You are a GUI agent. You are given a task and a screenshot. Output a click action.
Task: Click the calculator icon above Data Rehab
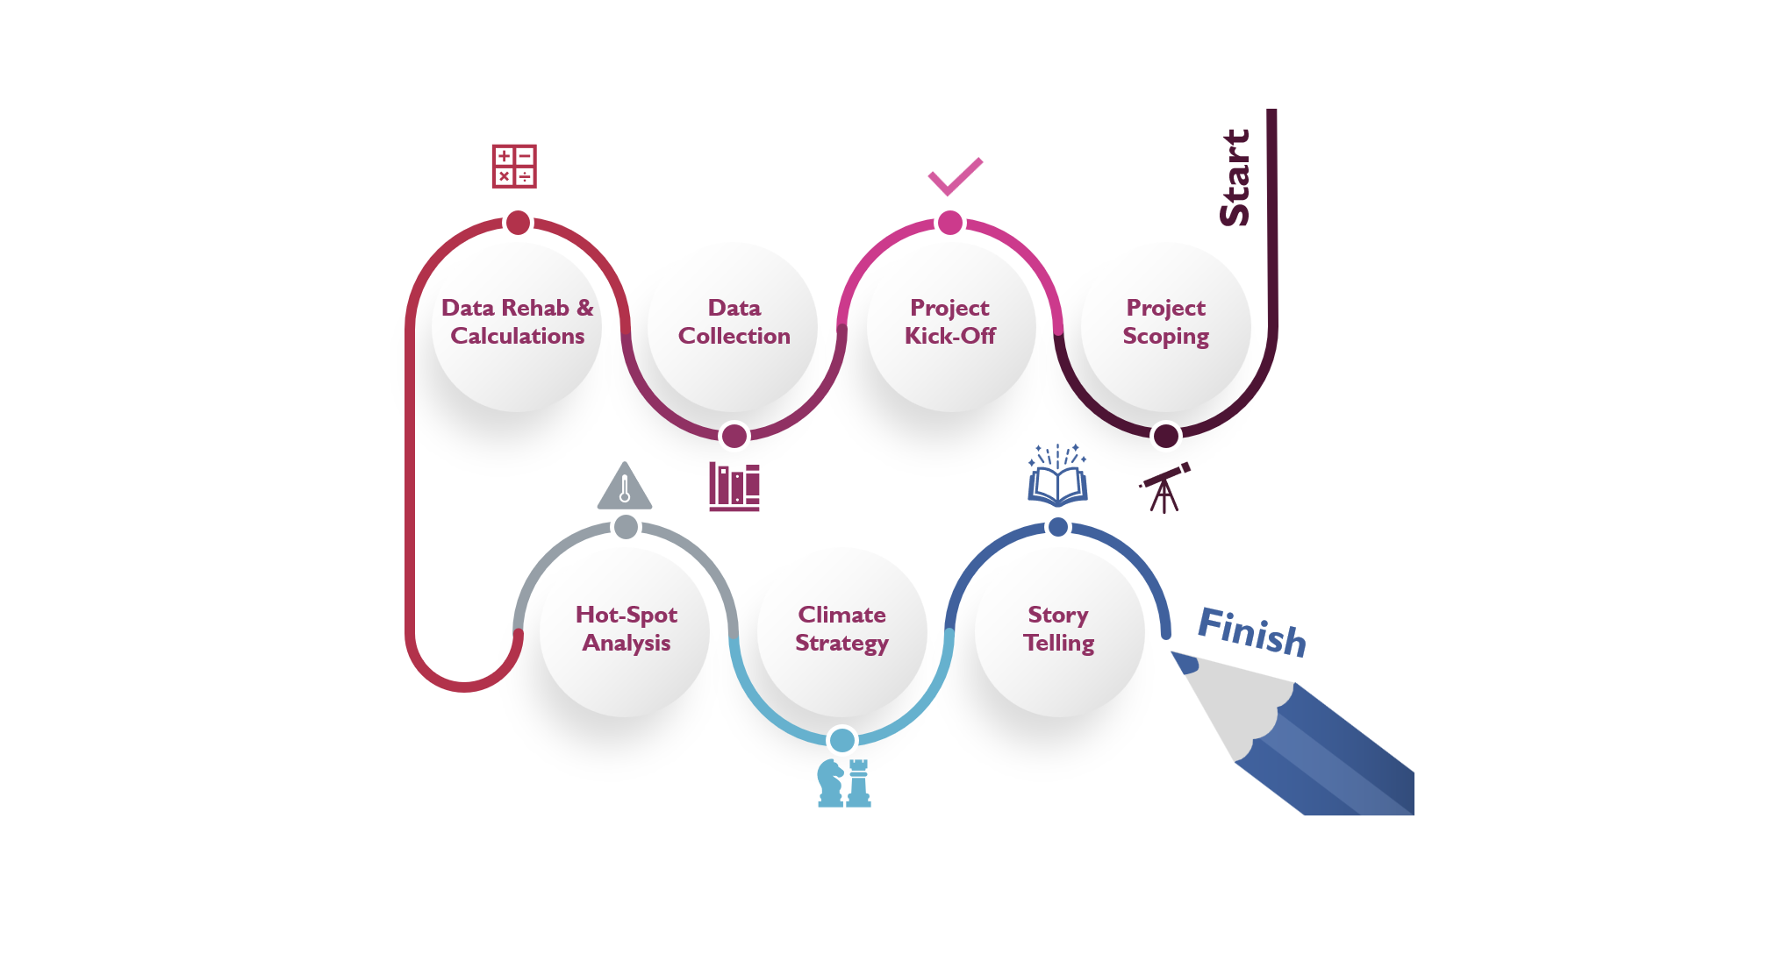[x=514, y=167]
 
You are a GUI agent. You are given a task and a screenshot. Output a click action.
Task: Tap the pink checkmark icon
[x=955, y=176]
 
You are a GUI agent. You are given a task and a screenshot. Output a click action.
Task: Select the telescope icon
[x=1165, y=488]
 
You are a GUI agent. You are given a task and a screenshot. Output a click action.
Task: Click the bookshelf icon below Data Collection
[x=734, y=487]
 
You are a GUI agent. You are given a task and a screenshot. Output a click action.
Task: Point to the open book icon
[x=1058, y=477]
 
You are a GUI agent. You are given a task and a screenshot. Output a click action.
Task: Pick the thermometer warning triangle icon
[x=625, y=488]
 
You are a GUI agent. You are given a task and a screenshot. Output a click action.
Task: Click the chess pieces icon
[x=844, y=782]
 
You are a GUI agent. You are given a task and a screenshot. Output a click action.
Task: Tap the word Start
[x=1235, y=178]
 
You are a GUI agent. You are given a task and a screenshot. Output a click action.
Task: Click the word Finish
[x=1252, y=631]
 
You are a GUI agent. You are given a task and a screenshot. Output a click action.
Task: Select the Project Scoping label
[x=1165, y=322]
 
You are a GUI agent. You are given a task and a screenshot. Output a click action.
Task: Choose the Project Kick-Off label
[x=949, y=322]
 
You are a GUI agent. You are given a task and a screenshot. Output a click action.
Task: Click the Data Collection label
[x=734, y=322]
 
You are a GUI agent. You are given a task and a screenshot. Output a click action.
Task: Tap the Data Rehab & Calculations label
[x=518, y=322]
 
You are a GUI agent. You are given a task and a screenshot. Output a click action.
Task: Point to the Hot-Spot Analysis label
[x=627, y=629]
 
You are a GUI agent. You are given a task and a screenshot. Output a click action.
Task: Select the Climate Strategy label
[x=842, y=629]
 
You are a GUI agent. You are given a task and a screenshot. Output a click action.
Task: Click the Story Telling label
[x=1058, y=629]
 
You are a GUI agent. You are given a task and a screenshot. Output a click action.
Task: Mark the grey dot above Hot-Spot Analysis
[x=626, y=527]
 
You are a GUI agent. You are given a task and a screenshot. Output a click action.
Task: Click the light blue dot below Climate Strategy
[x=842, y=740]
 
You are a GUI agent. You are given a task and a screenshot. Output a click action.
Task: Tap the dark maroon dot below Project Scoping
[x=1165, y=435]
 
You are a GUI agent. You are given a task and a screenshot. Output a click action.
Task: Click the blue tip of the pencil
[x=1185, y=662]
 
